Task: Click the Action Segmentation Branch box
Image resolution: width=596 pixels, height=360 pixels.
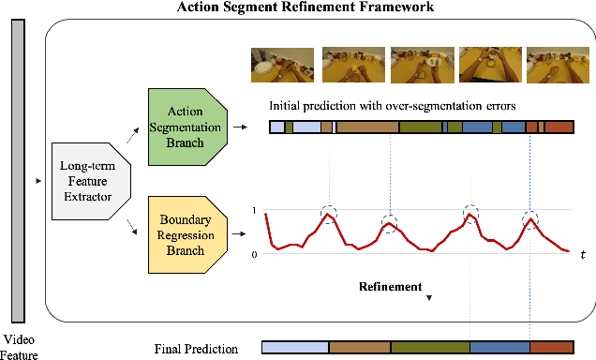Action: click(187, 123)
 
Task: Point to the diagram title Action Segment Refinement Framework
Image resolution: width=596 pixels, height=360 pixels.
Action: click(298, 8)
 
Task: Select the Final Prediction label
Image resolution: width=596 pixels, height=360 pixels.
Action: click(196, 349)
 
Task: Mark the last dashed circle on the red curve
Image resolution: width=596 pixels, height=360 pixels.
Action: click(530, 220)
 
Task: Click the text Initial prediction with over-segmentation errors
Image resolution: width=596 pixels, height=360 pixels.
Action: click(386, 104)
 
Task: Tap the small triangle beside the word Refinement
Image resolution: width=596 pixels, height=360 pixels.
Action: click(429, 297)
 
